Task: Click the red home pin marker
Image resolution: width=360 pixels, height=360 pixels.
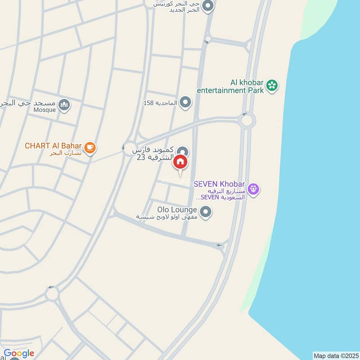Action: [180, 162]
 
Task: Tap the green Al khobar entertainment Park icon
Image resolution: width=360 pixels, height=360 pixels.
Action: [272, 85]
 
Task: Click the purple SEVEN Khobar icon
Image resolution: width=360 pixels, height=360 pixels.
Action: [254, 189]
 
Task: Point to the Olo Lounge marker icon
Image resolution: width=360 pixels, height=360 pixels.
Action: [206, 212]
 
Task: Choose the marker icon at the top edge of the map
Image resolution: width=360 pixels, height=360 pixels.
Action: [207, 6]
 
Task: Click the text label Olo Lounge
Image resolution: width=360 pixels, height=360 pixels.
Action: [177, 210]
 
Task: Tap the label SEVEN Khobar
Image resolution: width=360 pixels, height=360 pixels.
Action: [219, 184]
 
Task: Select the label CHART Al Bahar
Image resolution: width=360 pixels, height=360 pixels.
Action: [53, 146]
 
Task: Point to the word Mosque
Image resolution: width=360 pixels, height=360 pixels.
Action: [45, 110]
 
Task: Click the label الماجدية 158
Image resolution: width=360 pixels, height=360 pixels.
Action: [161, 103]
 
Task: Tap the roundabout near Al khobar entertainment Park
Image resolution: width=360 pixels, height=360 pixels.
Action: [247, 120]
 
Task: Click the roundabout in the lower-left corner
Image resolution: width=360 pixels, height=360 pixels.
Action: [51, 295]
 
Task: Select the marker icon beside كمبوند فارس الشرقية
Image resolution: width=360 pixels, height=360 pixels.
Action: [182, 152]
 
